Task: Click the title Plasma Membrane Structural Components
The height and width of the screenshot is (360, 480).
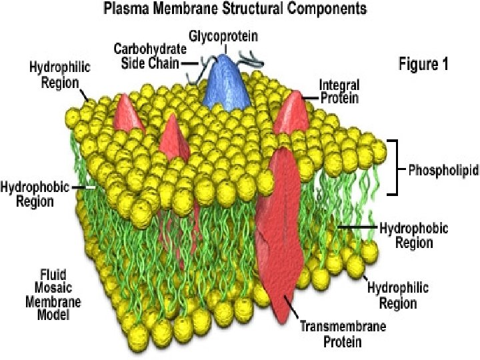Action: tap(235, 9)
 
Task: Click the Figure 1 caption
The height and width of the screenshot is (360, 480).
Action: tap(423, 64)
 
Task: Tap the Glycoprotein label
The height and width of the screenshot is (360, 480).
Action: tap(223, 36)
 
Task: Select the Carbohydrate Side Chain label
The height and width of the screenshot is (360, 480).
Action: tap(150, 56)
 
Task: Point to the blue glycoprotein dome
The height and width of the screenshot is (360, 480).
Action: tap(226, 83)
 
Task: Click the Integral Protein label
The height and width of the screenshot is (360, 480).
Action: tap(339, 91)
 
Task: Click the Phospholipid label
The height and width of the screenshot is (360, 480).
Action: tap(443, 170)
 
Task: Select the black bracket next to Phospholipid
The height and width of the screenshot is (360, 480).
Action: tap(393, 167)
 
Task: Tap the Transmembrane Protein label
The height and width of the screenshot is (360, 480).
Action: tap(343, 334)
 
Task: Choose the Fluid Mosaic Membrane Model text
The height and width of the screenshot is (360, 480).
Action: tap(53, 295)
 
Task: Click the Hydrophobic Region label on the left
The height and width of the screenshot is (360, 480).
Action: tap(35, 194)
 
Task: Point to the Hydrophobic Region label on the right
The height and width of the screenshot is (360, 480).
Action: tap(414, 235)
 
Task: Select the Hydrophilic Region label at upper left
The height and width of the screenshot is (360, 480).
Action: tap(60, 75)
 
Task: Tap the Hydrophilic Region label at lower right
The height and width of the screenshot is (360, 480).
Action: tap(398, 295)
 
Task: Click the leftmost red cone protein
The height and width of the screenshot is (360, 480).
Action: tap(129, 113)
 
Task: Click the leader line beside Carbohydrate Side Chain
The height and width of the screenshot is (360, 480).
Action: tap(190, 64)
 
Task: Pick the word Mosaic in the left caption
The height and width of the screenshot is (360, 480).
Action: tap(53, 288)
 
